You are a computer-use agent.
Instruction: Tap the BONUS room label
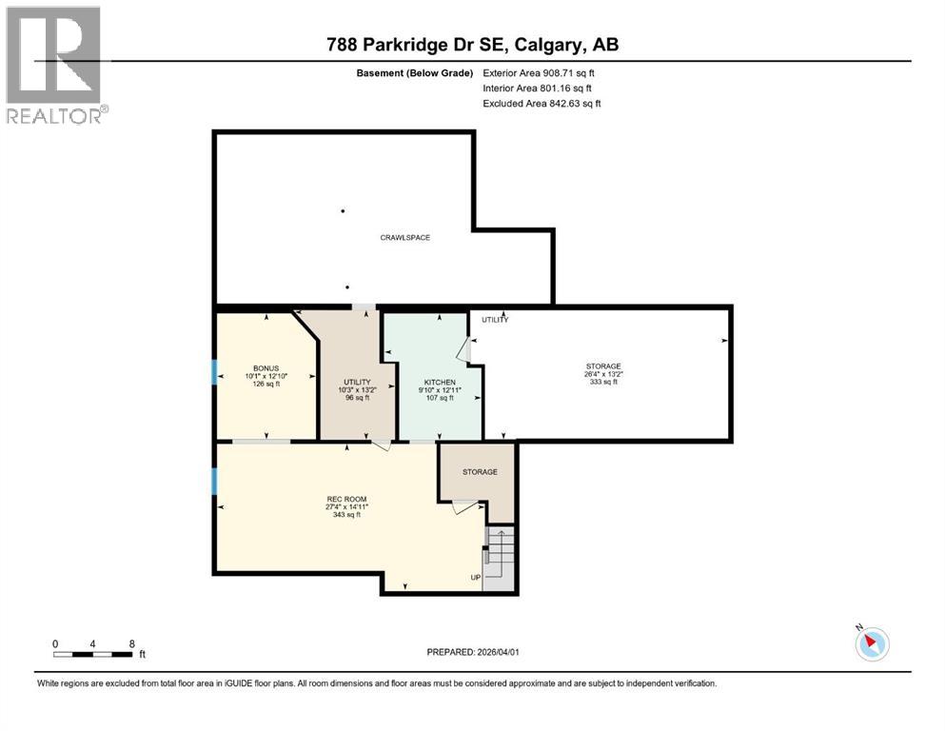tap(266, 367)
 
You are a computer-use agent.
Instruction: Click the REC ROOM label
tap(347, 499)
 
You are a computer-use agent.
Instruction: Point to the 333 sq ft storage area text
tap(603, 383)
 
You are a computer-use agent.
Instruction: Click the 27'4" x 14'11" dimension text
tap(347, 507)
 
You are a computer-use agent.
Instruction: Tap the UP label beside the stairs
tap(475, 578)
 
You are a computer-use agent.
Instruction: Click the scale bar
tap(93, 654)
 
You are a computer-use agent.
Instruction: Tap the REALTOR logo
tap(54, 65)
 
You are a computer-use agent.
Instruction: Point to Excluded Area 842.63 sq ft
tap(541, 104)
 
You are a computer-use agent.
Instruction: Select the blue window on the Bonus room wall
tap(214, 371)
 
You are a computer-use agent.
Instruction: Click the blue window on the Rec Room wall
tap(214, 481)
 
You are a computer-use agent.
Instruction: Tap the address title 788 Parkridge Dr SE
tap(472, 45)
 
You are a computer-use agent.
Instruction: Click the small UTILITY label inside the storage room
tap(495, 320)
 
